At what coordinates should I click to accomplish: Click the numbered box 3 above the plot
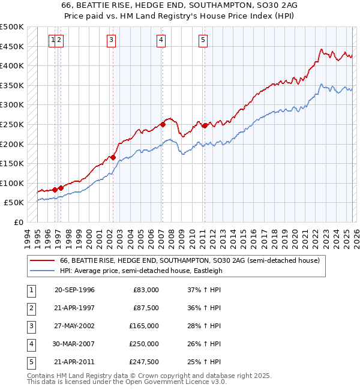coord(112,40)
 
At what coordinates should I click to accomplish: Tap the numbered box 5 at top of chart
coord(203,40)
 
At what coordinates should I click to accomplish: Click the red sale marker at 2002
coord(113,157)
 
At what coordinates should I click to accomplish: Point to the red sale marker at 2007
coord(163,125)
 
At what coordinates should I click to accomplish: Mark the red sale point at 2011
coord(204,125)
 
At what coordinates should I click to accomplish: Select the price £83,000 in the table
coord(144,289)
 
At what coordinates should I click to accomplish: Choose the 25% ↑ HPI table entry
coord(204,362)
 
